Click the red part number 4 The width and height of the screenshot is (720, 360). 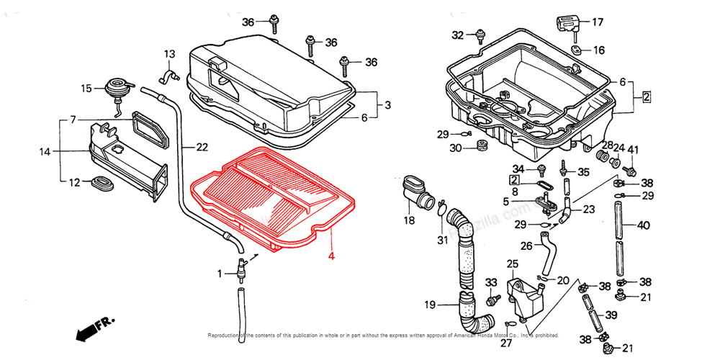click(331, 255)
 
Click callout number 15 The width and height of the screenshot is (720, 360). click(86, 89)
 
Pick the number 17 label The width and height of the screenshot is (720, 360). click(598, 22)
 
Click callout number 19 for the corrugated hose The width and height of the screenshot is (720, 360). click(430, 305)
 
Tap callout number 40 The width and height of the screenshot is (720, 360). click(643, 225)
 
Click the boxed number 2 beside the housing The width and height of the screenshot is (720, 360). click(647, 96)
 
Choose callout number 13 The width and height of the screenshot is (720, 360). click(169, 54)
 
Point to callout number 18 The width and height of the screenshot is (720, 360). click(409, 220)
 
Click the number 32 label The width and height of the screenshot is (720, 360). click(458, 35)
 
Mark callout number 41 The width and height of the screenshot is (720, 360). click(633, 150)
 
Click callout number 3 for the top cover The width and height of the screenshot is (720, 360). click(387, 105)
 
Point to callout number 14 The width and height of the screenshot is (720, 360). click(45, 152)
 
